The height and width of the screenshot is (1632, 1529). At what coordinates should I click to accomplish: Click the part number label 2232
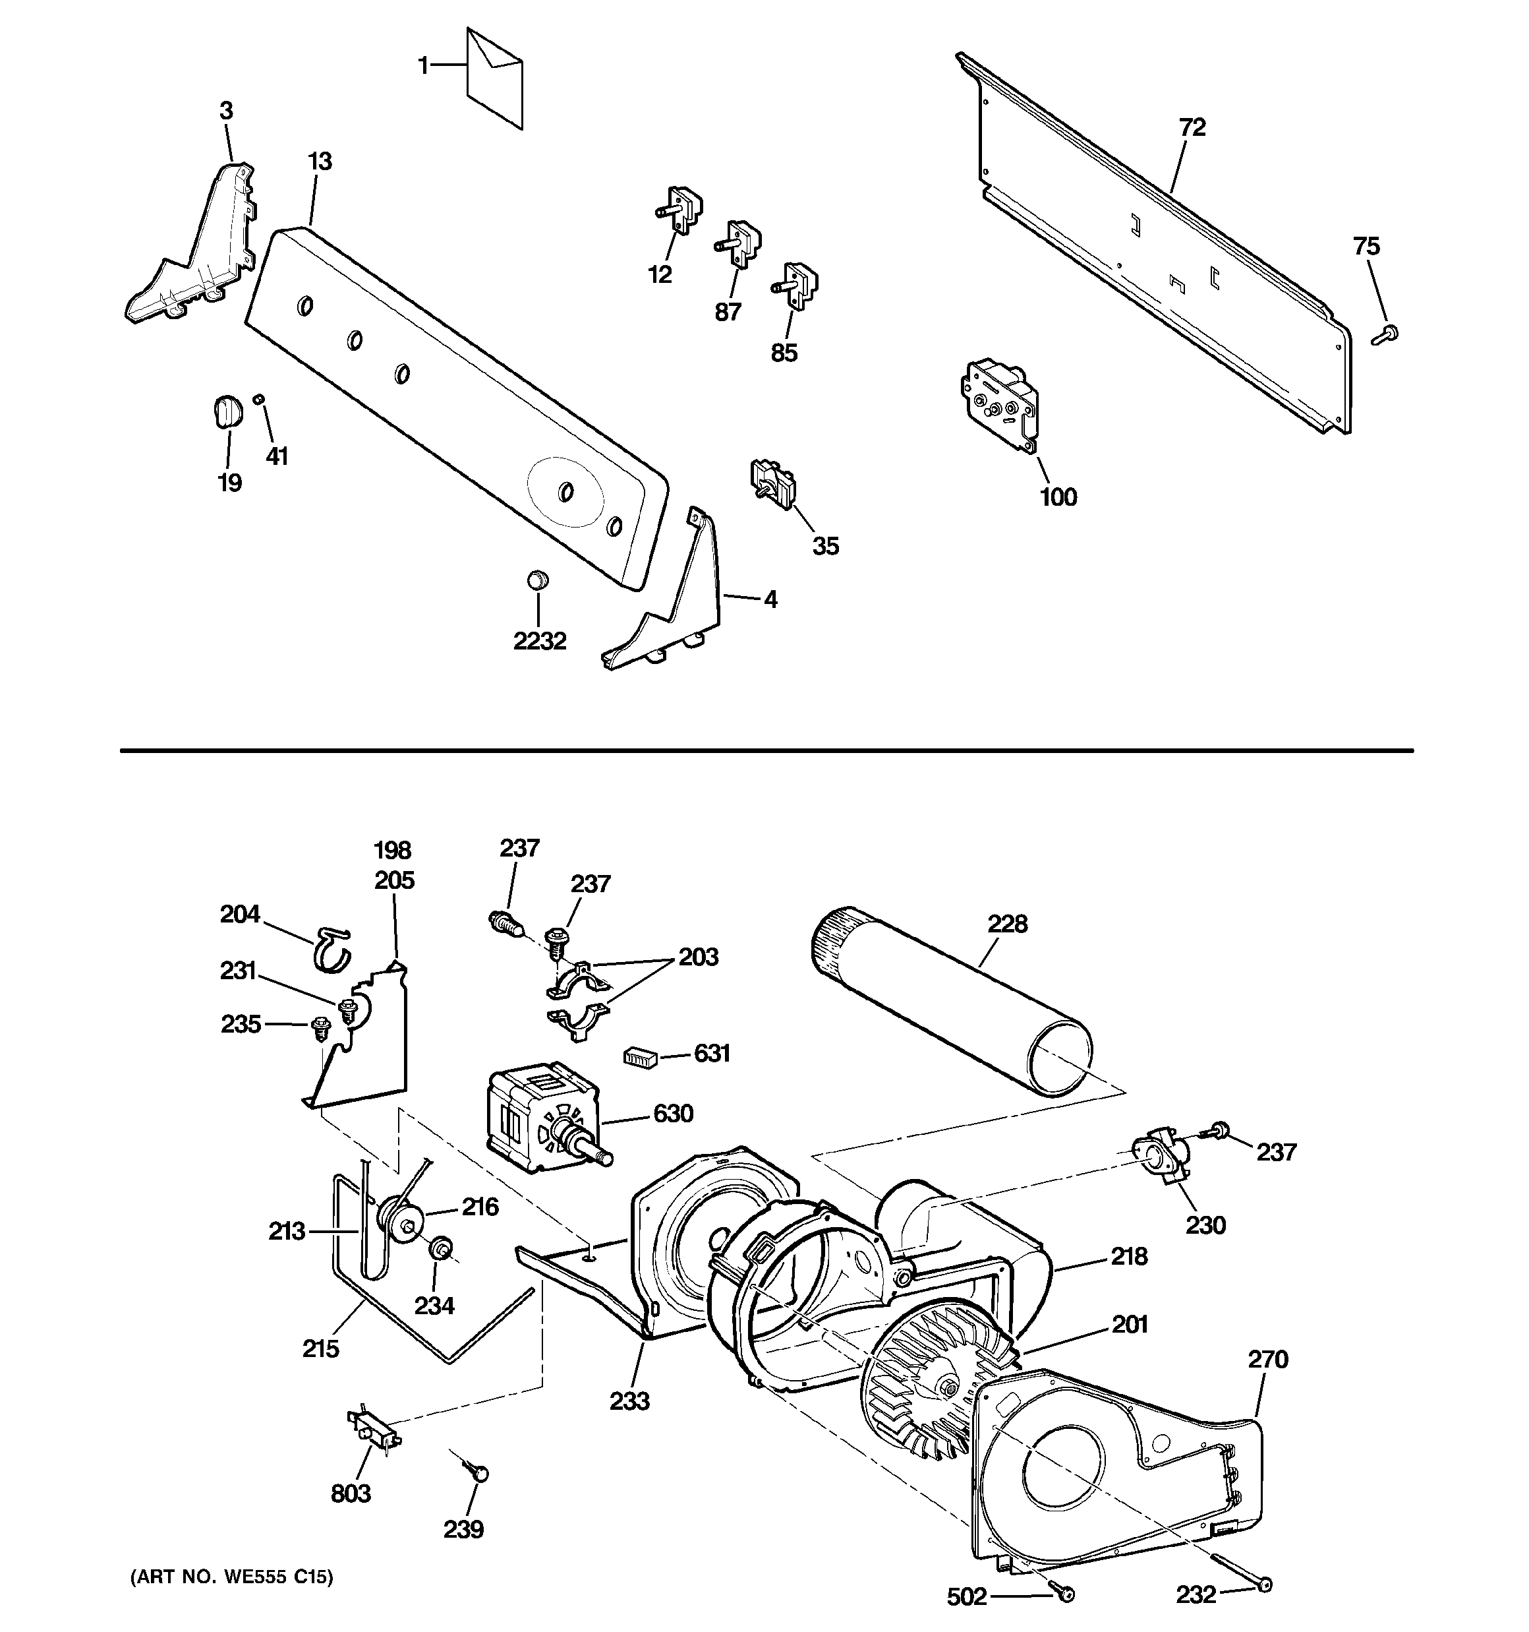pos(539,641)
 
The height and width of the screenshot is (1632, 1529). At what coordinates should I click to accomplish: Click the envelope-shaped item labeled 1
pos(494,78)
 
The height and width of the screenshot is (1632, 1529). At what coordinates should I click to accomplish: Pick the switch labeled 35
pos(772,485)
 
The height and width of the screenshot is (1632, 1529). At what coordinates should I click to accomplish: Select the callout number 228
pos(1007,924)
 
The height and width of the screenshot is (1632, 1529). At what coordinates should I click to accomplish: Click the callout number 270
pos(1268,1360)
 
